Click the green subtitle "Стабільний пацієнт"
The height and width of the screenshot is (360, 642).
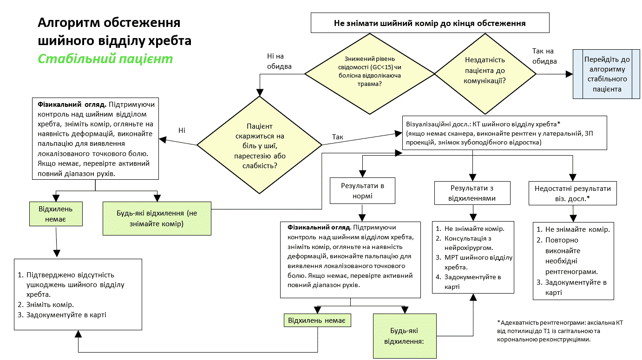click(105, 59)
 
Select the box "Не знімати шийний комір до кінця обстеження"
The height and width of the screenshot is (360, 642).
click(430, 23)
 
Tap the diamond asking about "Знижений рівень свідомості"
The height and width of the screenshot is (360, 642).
click(370, 74)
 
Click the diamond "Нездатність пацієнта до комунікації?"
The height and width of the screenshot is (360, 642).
click(485, 74)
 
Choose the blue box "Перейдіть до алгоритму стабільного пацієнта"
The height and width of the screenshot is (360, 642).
click(606, 74)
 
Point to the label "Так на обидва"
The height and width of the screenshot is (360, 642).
click(544, 56)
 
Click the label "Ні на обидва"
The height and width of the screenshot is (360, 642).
click(279, 61)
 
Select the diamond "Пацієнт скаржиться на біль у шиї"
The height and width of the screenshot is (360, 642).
click(259, 145)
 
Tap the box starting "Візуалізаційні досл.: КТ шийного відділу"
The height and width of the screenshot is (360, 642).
click(504, 133)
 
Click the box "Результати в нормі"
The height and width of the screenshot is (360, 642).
click(362, 190)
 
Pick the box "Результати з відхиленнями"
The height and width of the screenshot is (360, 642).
click(472, 193)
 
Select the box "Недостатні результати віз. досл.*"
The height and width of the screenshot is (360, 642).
click(573, 193)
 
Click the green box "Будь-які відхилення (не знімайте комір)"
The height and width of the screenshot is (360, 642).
click(157, 218)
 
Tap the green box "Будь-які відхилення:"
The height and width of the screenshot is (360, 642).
click(405, 336)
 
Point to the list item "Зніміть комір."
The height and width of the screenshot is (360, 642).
click(46, 304)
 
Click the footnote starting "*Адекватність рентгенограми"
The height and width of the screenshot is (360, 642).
click(560, 331)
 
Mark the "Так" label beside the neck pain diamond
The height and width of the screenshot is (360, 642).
click(337, 137)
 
